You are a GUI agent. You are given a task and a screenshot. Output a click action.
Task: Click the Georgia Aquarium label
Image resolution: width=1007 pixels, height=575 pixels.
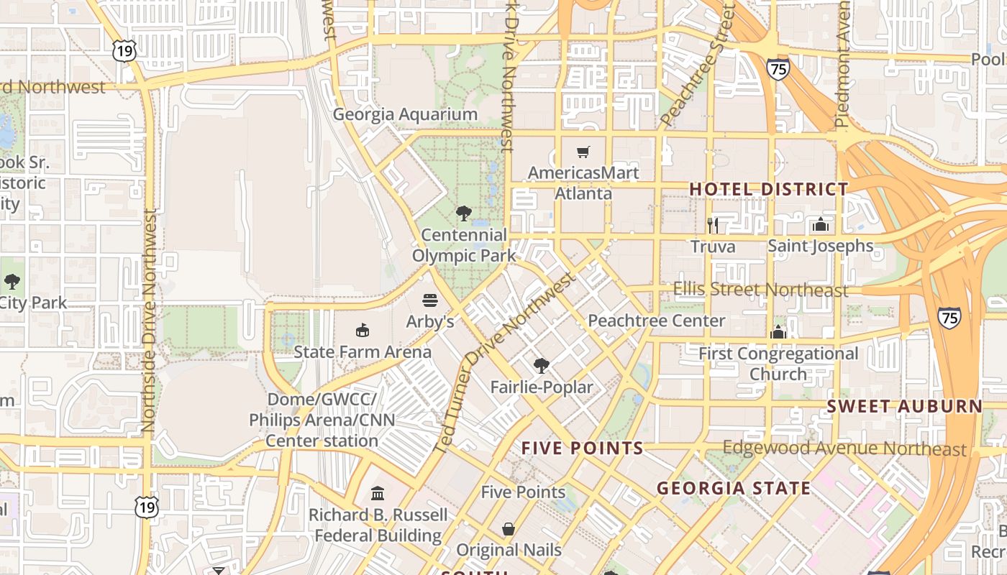tap(405, 114)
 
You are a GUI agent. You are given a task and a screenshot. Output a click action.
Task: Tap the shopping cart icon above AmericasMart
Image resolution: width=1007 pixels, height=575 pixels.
tap(583, 152)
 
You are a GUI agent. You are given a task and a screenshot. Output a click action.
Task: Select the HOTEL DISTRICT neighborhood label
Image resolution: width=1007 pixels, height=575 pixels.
tap(769, 189)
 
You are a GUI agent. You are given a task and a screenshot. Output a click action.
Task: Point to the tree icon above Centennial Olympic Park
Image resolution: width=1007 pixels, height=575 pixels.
tap(464, 213)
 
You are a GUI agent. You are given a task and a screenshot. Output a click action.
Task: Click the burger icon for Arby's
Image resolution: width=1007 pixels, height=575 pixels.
tap(430, 300)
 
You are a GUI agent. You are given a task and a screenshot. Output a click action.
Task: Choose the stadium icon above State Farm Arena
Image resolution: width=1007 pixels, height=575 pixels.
tap(363, 330)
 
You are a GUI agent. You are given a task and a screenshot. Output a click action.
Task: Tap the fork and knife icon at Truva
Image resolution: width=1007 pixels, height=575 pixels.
tap(713, 226)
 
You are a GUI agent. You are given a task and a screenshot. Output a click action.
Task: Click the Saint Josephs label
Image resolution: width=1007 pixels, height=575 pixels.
tap(820, 246)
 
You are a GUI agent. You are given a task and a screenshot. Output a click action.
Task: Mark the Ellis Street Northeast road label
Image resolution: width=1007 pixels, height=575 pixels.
tap(760, 290)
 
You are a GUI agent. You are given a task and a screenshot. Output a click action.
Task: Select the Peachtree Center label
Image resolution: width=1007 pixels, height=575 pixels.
tap(656, 321)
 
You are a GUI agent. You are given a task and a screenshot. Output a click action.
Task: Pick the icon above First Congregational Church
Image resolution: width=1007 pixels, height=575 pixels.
tap(778, 332)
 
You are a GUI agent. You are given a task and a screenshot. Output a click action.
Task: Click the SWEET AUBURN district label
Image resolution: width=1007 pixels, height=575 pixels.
tap(904, 406)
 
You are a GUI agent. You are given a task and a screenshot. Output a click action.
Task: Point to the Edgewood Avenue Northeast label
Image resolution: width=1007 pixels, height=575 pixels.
tap(844, 448)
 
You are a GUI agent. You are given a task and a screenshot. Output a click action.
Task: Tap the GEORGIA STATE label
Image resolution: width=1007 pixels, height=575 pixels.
tap(734, 489)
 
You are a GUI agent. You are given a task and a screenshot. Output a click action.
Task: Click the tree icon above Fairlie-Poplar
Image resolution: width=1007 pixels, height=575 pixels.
tap(542, 366)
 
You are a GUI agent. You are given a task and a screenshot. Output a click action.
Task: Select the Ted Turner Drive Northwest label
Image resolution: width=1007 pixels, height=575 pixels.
tap(505, 363)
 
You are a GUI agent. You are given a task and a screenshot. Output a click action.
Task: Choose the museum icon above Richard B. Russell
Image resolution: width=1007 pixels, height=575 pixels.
tap(378, 493)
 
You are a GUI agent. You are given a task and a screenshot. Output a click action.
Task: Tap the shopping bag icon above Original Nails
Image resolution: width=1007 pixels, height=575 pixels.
tap(509, 529)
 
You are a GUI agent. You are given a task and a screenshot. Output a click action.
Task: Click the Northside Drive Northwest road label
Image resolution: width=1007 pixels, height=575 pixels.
tap(149, 320)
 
